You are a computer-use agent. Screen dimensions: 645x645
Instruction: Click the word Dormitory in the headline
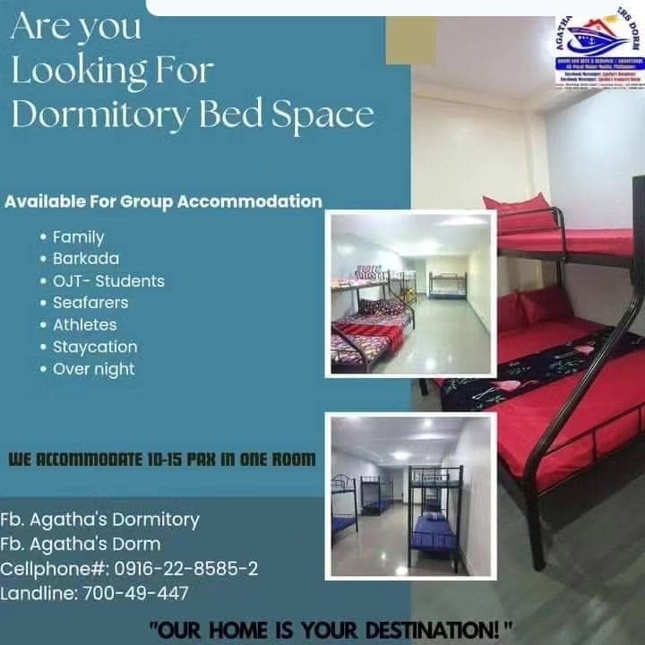click(99, 115)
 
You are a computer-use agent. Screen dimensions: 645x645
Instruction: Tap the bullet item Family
click(78, 237)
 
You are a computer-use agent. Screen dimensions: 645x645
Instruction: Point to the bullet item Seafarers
click(90, 303)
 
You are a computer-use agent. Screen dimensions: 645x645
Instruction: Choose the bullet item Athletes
click(84, 324)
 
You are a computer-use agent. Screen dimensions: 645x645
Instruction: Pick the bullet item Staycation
click(95, 347)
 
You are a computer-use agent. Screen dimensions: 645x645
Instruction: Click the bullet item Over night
click(93, 368)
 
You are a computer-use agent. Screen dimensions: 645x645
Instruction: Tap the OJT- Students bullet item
click(108, 281)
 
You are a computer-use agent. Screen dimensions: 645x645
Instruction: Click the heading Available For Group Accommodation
click(163, 202)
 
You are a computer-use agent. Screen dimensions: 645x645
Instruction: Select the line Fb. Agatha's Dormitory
click(99, 520)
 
